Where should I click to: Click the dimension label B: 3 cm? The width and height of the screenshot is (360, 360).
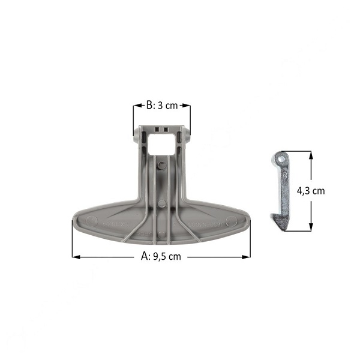coord(162,106)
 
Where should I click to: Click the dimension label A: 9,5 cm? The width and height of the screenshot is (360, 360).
coord(161,256)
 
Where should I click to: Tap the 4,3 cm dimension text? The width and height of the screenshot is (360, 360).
coord(311,191)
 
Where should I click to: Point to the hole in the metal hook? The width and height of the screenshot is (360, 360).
coord(281,159)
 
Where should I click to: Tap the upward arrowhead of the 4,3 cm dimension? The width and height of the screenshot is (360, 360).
coord(311,155)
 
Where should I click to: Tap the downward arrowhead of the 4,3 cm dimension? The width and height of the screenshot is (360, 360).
coord(311,227)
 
